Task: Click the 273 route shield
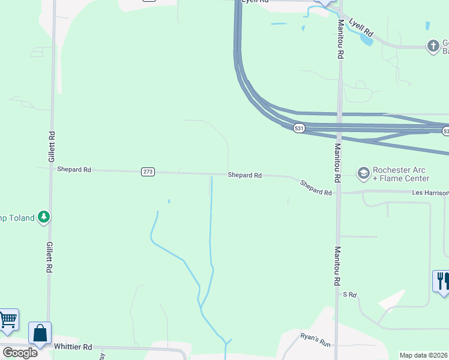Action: pyautogui.click(x=148, y=172)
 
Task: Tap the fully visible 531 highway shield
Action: pyautogui.click(x=300, y=128)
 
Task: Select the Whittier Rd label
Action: pyautogui.click(x=73, y=347)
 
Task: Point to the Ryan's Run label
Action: pyautogui.click(x=316, y=341)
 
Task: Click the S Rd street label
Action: pyautogui.click(x=349, y=295)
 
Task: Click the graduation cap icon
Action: pyautogui.click(x=363, y=173)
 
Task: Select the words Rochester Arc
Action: pyautogui.click(x=400, y=170)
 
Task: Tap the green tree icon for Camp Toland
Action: pyautogui.click(x=43, y=217)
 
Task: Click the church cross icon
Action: pyautogui.click(x=433, y=46)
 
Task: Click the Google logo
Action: pyautogui.click(x=20, y=352)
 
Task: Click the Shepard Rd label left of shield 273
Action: pyautogui.click(x=74, y=170)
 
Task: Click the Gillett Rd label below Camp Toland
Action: pyautogui.click(x=49, y=258)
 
